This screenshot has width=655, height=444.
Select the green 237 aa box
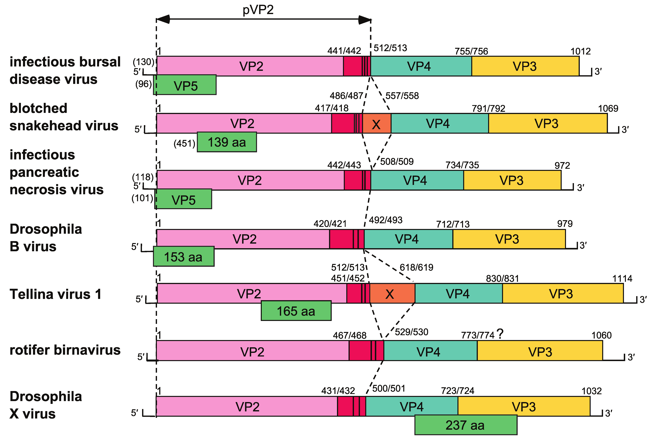[x=466, y=425]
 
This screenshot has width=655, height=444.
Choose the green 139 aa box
[x=227, y=142]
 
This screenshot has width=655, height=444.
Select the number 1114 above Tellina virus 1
[x=622, y=279]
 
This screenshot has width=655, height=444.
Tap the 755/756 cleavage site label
[x=471, y=51]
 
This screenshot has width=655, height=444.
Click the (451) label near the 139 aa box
[x=184, y=144]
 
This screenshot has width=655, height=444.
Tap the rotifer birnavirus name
[x=65, y=350]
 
